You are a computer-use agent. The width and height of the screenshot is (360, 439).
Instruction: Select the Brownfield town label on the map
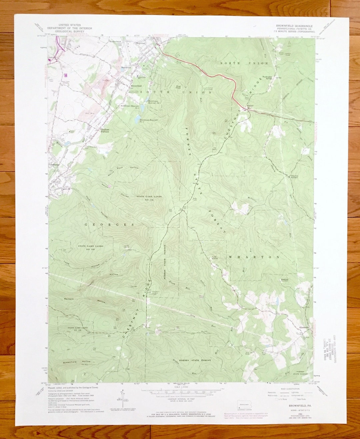click(134, 85)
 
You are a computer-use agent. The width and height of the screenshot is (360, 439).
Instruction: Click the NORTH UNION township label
click(244, 63)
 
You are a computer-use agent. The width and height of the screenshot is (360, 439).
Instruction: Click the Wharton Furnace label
click(294, 176)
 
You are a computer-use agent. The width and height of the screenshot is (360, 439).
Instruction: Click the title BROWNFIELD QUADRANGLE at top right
click(294, 26)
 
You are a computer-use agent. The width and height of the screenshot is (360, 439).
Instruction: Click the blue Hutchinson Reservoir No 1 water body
click(137, 118)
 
